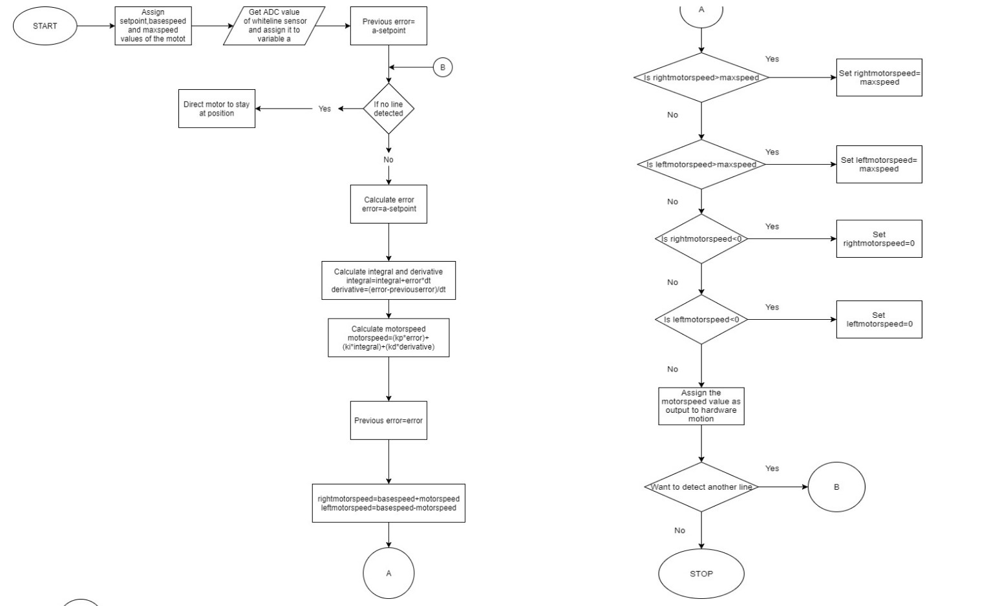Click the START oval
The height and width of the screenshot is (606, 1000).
(45, 26)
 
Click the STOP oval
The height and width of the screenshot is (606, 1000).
(701, 573)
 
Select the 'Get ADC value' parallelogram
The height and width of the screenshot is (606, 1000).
(274, 26)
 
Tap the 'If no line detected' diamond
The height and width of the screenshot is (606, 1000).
(388, 109)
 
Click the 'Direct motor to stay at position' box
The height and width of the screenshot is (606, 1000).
(217, 109)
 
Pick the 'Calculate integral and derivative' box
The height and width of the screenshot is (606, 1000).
(388, 280)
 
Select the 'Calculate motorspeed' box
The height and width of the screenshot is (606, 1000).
(388, 338)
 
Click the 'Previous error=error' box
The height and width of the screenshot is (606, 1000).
(388, 421)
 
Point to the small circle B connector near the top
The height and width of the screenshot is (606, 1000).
(443, 67)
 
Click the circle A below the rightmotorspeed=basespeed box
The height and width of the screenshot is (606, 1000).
(388, 573)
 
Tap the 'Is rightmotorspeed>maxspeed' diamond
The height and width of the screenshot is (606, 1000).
(701, 78)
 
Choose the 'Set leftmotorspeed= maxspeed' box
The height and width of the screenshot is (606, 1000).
(878, 164)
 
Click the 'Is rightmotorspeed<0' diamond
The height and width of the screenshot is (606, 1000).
(701, 239)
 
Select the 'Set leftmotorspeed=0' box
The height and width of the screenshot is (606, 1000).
(878, 319)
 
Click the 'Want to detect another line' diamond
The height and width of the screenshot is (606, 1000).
(701, 487)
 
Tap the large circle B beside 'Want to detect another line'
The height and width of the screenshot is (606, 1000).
(836, 487)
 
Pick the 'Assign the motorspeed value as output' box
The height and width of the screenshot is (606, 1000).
(701, 406)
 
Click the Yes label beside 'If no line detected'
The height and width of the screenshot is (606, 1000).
(324, 109)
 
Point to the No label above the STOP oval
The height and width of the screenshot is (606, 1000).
(679, 530)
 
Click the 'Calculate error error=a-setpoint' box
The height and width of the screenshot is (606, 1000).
(388, 204)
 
